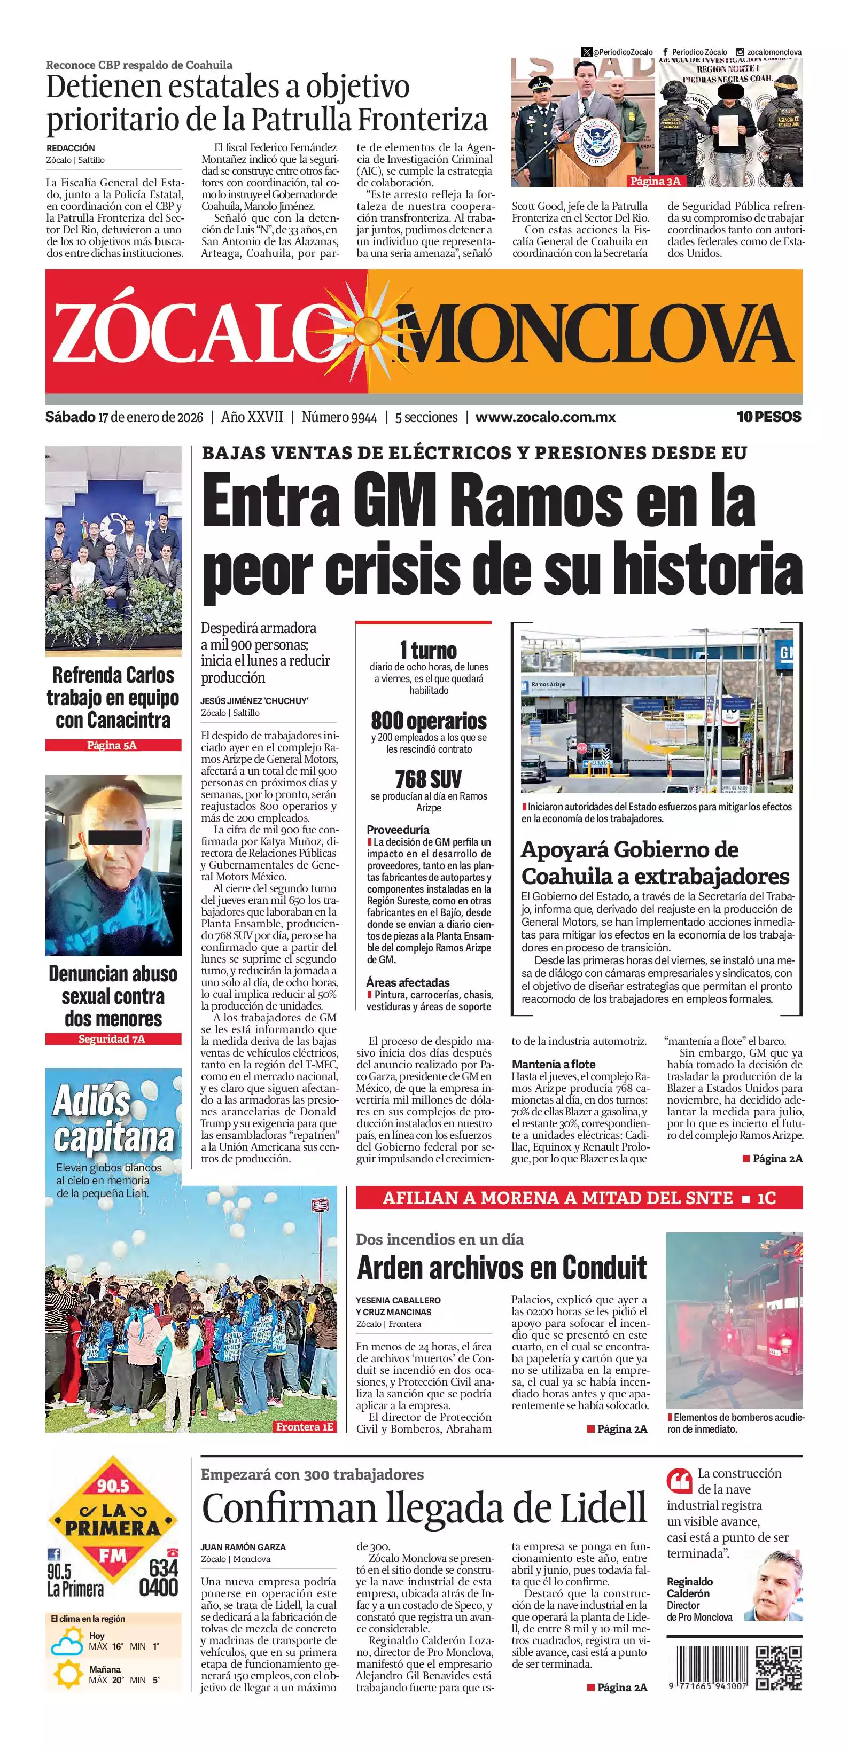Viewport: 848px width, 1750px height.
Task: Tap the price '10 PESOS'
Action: pos(768,417)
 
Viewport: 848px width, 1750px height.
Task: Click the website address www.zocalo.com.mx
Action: pos(545,417)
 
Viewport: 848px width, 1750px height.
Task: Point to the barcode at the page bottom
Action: pos(707,1668)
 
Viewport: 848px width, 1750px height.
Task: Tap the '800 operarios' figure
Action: pos(429,720)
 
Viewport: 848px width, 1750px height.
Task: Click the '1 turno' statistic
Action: pos(429,650)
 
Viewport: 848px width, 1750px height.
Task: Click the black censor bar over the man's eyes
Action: pos(115,837)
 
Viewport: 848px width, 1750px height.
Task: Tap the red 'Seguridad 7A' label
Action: pos(113,1038)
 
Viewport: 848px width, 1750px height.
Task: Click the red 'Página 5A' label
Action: pos(113,745)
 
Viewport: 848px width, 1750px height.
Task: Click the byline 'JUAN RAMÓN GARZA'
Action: pos(243,1547)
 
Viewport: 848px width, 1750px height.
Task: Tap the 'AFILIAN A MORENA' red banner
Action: pos(578,1198)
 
